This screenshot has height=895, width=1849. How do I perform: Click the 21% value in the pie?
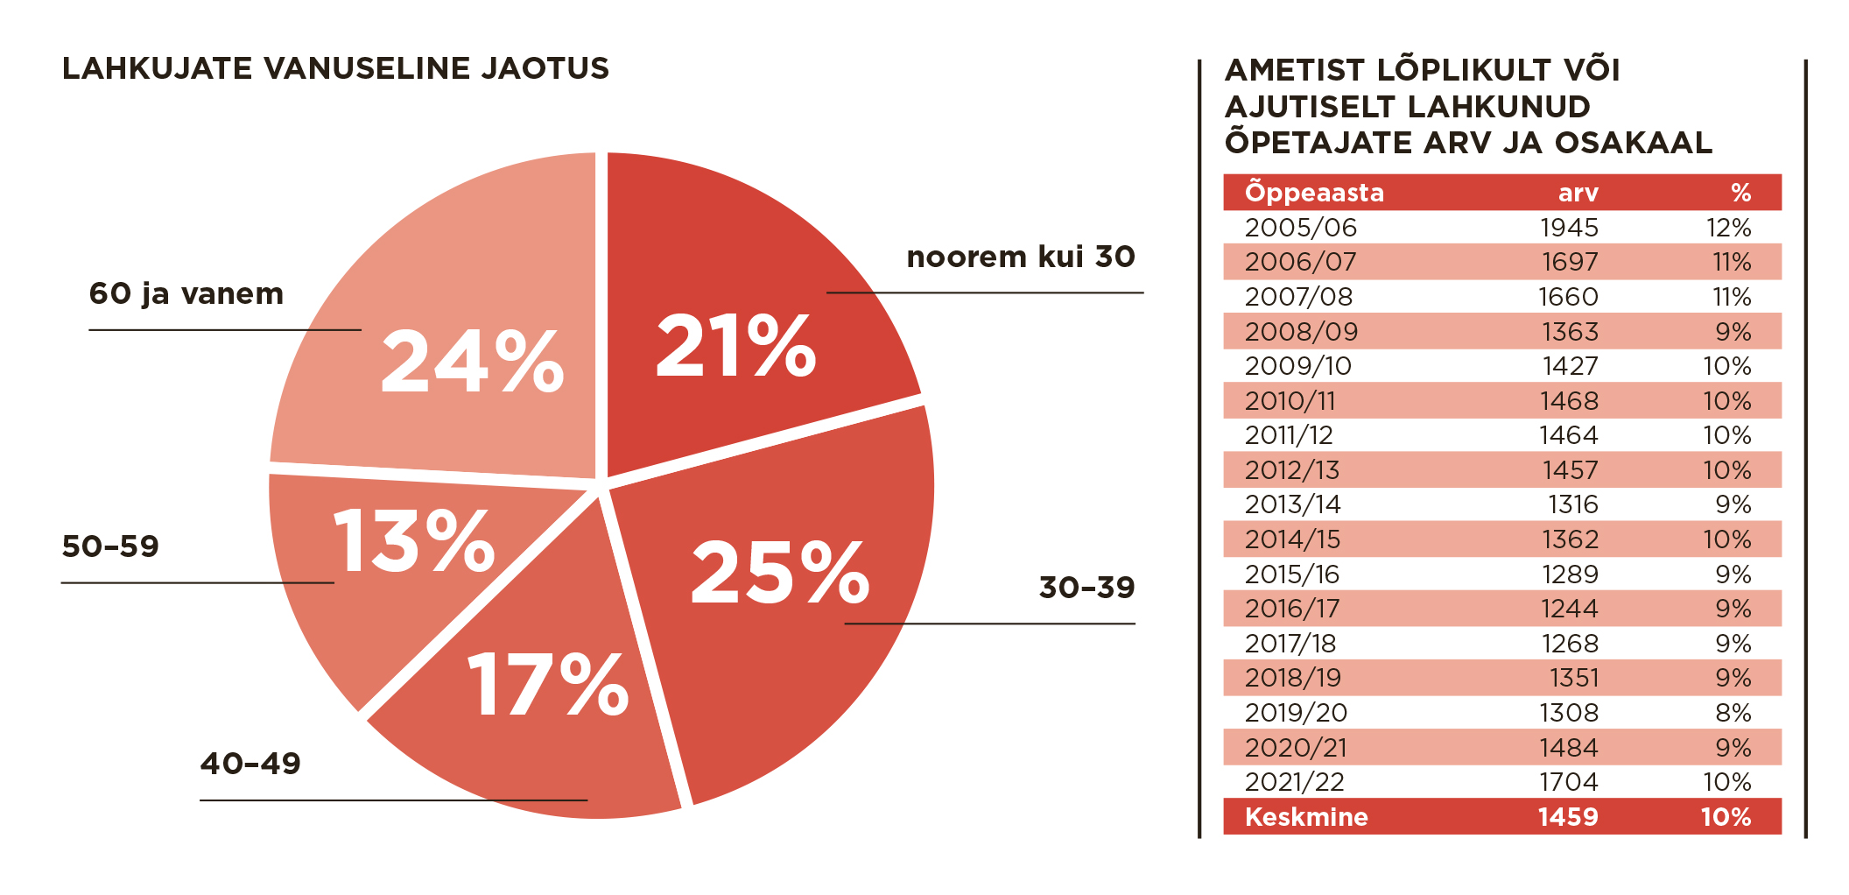coord(735,347)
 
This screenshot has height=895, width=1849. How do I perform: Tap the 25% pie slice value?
coord(779,573)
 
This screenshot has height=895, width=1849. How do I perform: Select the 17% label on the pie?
coord(548,685)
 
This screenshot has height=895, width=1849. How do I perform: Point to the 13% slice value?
coord(413,542)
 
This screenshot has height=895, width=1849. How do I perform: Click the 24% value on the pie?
coord(472,361)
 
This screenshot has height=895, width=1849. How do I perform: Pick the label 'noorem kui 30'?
coord(1020,257)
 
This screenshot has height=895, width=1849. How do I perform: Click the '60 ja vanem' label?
coord(186,293)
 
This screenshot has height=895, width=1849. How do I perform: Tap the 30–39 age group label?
coord(1086,587)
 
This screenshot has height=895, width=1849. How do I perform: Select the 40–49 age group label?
coord(250,764)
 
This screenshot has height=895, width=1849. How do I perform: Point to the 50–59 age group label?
coord(110,546)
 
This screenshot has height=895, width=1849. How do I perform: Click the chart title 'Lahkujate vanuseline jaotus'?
coord(335,68)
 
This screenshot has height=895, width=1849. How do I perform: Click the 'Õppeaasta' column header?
coord(1314,193)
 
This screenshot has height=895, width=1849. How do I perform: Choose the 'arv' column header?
coord(1578,193)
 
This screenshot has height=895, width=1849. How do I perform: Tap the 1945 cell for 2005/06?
coord(1569,228)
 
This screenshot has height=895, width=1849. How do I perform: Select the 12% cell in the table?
coord(1728,228)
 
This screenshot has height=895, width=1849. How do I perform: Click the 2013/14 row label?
coord(1292,504)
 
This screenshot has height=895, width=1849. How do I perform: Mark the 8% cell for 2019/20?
coord(1733,713)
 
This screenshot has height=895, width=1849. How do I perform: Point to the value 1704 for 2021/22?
coord(1569,782)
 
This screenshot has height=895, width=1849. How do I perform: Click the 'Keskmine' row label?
coord(1306,817)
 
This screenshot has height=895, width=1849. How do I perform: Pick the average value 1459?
coord(1567,817)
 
